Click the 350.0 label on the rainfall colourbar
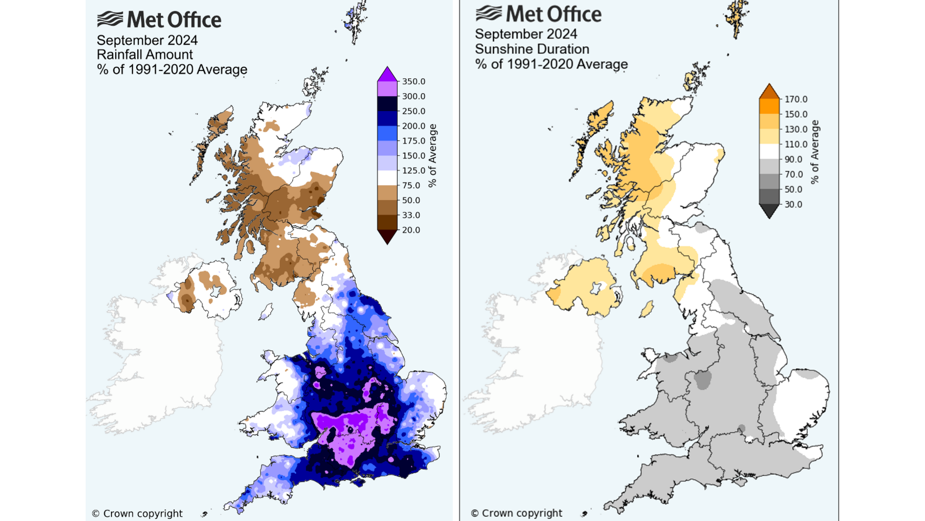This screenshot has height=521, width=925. (x=414, y=82)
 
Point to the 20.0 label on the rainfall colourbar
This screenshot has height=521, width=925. (x=411, y=230)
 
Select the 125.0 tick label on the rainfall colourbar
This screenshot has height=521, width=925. (x=414, y=171)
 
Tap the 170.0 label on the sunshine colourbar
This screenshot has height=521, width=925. (x=795, y=99)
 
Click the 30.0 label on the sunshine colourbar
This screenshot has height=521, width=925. (x=793, y=205)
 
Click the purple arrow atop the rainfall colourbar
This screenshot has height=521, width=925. (x=387, y=75)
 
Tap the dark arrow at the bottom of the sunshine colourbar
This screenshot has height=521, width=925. (x=769, y=211)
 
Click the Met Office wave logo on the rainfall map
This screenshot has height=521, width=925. (x=110, y=19)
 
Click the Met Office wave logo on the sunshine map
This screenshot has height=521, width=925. (x=489, y=13)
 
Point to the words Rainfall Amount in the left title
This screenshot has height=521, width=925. (x=144, y=55)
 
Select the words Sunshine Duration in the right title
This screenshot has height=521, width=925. (x=532, y=49)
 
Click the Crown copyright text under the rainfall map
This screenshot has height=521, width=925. (x=137, y=513)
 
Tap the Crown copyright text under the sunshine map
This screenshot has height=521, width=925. (x=516, y=513)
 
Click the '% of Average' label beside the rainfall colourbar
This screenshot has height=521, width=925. (x=433, y=155)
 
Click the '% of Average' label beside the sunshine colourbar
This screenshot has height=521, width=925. (x=815, y=152)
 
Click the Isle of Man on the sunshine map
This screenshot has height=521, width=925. (x=646, y=309)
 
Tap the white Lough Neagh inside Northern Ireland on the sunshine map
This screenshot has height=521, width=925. (x=596, y=288)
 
